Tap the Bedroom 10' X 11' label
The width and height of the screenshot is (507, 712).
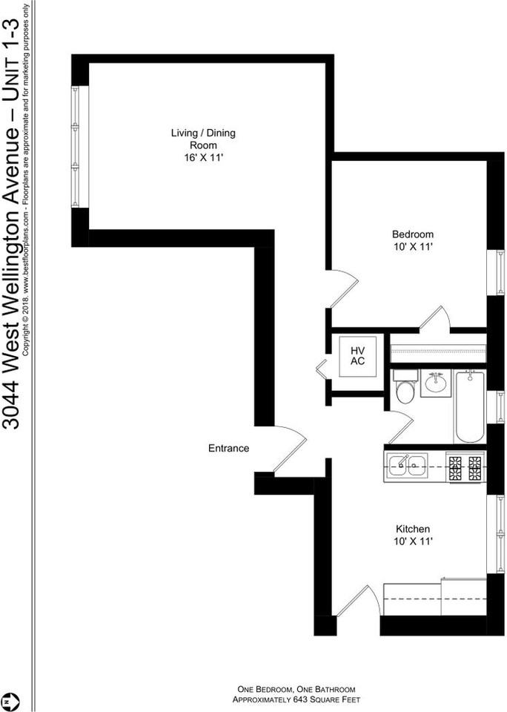coord(413,240)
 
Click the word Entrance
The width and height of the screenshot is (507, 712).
coord(228,449)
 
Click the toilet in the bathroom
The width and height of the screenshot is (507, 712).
coord(405,391)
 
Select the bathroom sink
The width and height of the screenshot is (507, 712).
coord(436,384)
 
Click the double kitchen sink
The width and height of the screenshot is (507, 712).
coord(406,466)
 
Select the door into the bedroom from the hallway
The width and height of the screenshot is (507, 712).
coord(342,289)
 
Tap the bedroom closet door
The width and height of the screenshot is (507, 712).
coord(435,319)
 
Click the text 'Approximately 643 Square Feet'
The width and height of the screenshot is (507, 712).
coord(296,699)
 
